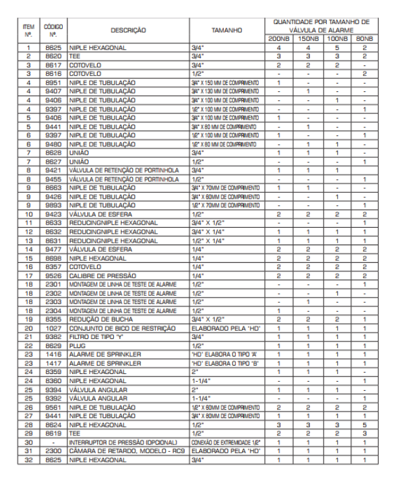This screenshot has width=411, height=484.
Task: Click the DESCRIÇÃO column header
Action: pos(128,30)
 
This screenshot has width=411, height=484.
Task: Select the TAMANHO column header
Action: pos(227,30)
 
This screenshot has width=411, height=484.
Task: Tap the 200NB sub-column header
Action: pos(279,39)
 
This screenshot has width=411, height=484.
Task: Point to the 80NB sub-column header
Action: pos(366,39)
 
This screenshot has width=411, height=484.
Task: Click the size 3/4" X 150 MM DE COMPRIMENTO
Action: pos(225,83)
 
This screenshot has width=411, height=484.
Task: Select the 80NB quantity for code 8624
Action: pos(366,424)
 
